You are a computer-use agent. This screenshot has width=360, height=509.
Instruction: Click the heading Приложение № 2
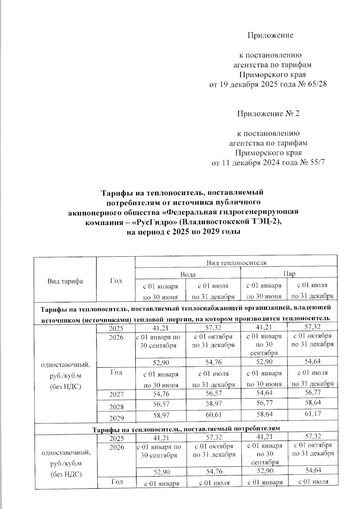point(268,114)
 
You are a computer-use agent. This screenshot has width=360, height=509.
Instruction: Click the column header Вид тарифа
point(65,281)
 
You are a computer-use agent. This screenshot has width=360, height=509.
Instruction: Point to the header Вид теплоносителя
point(236,263)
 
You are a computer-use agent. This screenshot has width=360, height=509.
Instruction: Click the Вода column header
point(188,274)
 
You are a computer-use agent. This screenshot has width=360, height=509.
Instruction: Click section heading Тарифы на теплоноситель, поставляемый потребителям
point(186,429)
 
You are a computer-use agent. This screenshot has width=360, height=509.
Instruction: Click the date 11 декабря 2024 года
point(259,163)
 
